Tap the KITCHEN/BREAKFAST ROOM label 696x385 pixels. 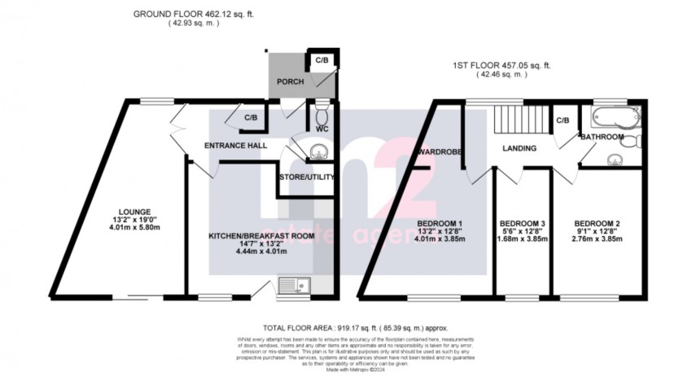(x=250, y=236)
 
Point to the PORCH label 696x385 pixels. (x=291, y=81)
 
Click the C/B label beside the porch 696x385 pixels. (x=322, y=60)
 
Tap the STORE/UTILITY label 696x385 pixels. (x=306, y=177)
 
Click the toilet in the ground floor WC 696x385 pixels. (x=322, y=110)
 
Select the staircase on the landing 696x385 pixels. (x=519, y=121)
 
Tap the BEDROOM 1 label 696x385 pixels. (x=440, y=222)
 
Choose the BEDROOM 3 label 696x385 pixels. (x=521, y=222)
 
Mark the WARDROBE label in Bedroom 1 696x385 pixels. (x=440, y=151)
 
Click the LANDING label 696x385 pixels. (x=519, y=148)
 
